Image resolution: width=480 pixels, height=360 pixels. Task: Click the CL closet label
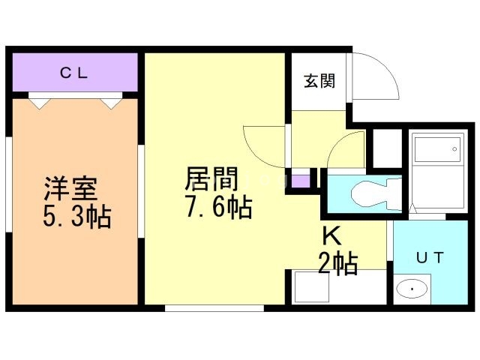(x=74, y=73)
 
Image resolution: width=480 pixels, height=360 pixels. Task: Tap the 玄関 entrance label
(x=319, y=81)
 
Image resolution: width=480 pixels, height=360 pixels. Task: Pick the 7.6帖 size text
(x=218, y=206)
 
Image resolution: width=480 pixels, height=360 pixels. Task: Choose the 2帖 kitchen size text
(x=337, y=263)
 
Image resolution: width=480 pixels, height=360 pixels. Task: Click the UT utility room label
(x=430, y=257)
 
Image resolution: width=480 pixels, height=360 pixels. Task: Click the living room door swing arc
(x=262, y=142)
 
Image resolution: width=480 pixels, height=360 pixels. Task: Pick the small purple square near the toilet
(x=300, y=181)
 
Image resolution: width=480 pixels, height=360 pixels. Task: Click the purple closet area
(x=74, y=73)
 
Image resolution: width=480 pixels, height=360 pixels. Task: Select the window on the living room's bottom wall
(x=214, y=307)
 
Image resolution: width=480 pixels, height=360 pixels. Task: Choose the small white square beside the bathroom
(x=388, y=148)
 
